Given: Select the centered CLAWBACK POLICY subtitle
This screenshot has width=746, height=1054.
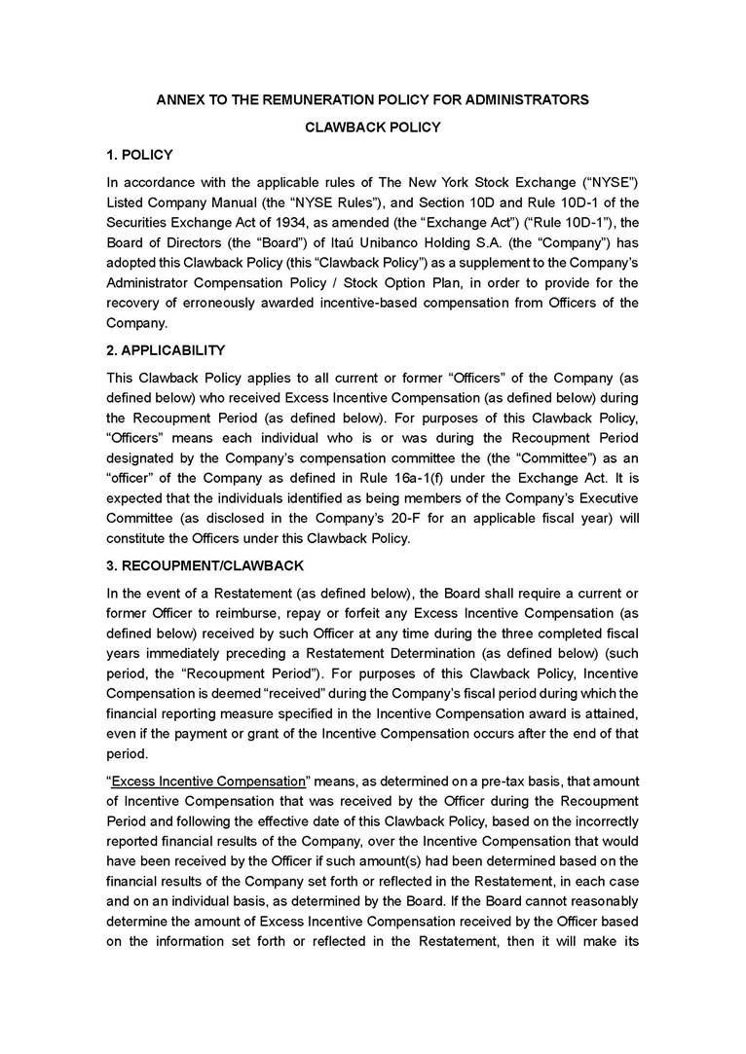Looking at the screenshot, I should [373, 127].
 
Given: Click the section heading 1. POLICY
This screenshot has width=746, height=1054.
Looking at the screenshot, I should [139, 155].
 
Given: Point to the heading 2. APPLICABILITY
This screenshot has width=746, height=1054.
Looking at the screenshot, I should [166, 350].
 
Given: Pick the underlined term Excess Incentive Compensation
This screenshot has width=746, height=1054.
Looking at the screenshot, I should [208, 781].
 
